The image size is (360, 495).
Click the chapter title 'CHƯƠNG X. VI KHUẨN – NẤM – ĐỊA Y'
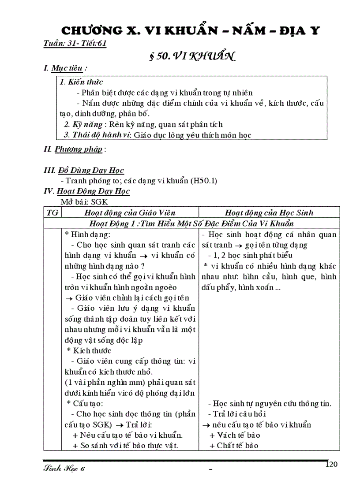pos(190,31)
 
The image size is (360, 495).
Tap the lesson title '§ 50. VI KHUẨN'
pos(192,56)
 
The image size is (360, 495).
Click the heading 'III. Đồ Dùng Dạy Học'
pos(84,170)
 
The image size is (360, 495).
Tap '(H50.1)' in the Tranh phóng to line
pos(204,181)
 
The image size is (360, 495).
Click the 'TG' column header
pos(52,212)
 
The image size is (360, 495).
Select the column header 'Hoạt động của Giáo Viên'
pos(130,212)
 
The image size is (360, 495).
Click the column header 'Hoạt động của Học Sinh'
pos(269,212)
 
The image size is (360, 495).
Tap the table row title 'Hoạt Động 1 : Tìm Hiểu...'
pos(194,223)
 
